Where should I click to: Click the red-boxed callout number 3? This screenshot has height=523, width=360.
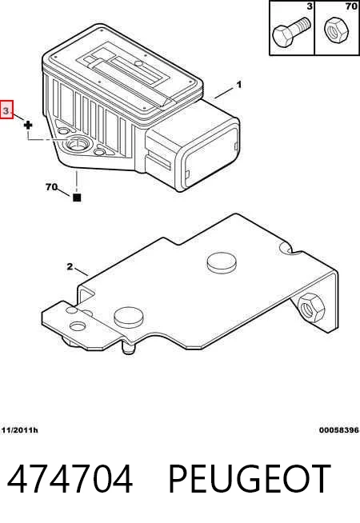pos(6,109)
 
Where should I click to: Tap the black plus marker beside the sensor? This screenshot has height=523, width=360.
pos(28,126)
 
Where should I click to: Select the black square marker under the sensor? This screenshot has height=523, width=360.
pos(77,198)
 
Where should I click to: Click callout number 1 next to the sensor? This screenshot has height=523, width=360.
pos(238,85)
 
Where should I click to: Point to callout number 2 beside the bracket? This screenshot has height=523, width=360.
pos(70,266)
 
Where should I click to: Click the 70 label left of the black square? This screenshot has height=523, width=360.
pos(51,187)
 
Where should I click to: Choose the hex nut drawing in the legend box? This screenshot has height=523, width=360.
pos(336,30)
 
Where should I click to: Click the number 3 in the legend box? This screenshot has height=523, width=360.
pos(310,6)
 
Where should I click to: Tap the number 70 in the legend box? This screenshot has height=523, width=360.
pos(351,6)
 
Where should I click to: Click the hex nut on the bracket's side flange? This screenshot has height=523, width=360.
pos(311,307)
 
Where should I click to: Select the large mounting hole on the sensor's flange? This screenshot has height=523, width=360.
pos(77,144)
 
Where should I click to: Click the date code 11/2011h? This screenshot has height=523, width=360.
pos(20,430)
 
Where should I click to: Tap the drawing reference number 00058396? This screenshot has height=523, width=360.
pos(339,430)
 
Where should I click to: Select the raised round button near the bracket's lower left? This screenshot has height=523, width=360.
pos(129,317)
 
